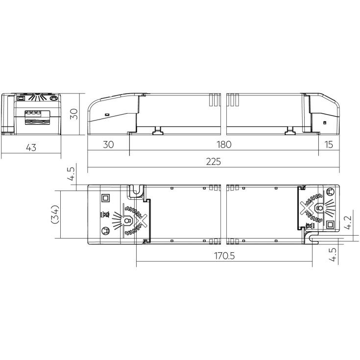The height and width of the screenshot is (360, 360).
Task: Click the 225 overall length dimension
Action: [213, 162]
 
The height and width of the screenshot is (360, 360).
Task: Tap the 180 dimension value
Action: [224, 144]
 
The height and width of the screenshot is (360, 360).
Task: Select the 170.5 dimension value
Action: [224, 256]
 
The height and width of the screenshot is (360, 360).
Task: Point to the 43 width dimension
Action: [31, 147]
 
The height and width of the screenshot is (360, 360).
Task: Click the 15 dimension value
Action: [329, 144]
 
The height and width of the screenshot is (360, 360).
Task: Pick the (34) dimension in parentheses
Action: [55, 214]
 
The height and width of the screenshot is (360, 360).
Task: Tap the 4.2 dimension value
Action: [348, 222]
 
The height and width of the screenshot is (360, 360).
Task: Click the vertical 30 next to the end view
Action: [74, 114]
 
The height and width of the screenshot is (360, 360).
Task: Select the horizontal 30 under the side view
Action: [108, 144]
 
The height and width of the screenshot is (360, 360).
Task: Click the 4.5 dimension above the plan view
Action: [71, 174]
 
